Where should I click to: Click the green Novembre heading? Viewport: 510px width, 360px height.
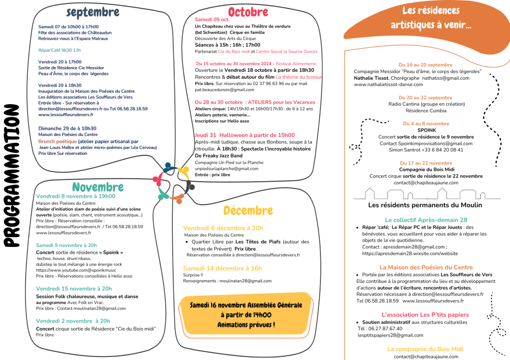[98, 187]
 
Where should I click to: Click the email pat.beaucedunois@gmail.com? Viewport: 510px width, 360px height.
[218, 90]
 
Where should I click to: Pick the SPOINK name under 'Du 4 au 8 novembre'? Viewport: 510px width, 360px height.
[426, 130]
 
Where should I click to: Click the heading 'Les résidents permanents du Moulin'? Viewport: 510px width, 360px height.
[425, 205]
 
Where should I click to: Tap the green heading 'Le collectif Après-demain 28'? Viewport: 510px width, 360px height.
[426, 220]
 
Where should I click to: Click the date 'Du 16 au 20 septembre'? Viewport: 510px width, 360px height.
[425, 65]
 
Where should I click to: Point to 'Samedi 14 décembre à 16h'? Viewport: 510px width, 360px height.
[222, 268]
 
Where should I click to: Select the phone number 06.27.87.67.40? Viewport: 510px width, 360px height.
[380, 329]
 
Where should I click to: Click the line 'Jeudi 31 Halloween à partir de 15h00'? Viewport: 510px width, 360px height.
[245, 135]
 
